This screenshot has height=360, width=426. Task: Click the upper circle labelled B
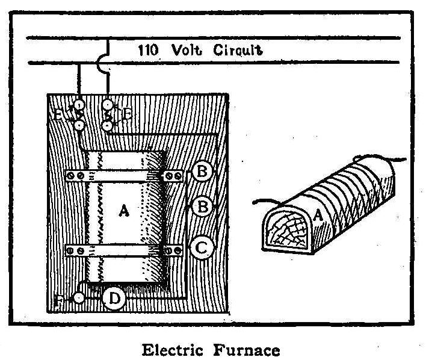coord(203,173)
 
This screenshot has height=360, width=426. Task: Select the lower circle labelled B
coord(203,206)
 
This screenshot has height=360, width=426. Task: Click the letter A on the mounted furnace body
coord(123,211)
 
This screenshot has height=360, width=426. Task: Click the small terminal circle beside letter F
coord(78,298)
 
